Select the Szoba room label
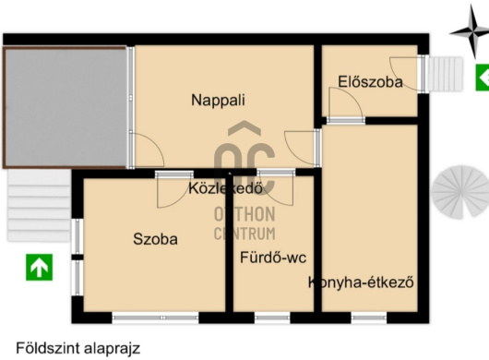(155, 238)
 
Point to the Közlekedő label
(227, 189)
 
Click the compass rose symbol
(468, 34)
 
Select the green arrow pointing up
(39, 268)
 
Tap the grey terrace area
(65, 107)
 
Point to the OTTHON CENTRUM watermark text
(244, 224)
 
